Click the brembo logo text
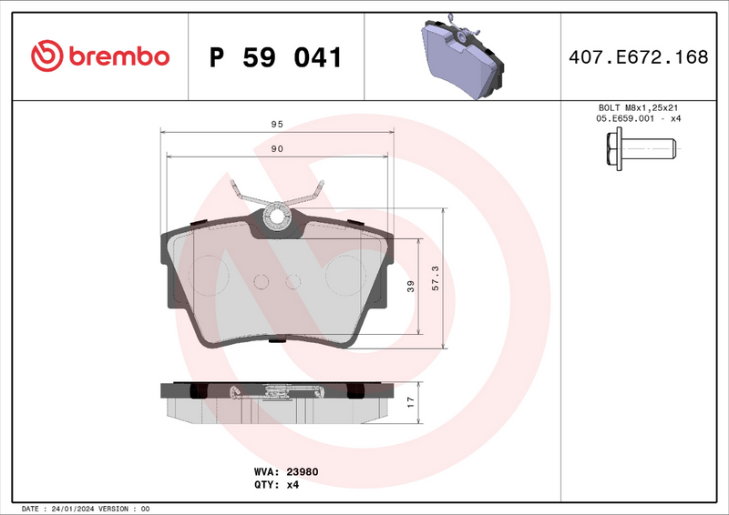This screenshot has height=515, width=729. (x=116, y=56)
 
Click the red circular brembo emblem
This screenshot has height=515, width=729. (x=46, y=56)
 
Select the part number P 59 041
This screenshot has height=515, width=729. (x=275, y=57)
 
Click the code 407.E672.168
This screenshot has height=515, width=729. (x=637, y=57)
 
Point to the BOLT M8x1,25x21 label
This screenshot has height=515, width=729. (x=639, y=107)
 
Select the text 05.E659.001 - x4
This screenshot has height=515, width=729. (x=639, y=119)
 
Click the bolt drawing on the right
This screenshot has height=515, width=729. (x=639, y=147)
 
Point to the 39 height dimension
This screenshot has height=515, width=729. (x=411, y=287)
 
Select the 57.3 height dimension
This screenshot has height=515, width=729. (x=436, y=278)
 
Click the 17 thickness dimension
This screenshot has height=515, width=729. (x=411, y=400)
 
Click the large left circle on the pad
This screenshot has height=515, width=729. (x=212, y=274)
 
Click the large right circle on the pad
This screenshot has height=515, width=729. (x=344, y=274)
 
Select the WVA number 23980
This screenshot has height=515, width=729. (x=302, y=472)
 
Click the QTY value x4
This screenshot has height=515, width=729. (x=293, y=485)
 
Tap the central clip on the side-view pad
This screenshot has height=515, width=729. (x=276, y=392)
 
